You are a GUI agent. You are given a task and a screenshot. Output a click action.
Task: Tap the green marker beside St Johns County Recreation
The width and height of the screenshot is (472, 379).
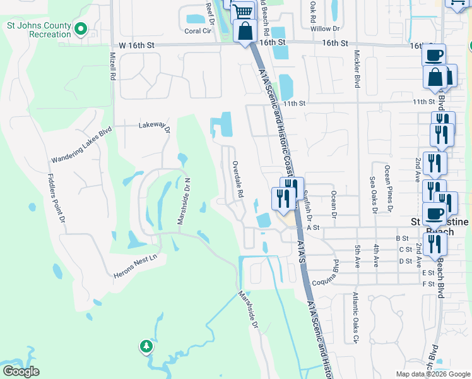[x=81, y=28]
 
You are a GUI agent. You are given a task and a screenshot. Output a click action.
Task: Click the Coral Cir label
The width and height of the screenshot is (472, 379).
[x=197, y=30]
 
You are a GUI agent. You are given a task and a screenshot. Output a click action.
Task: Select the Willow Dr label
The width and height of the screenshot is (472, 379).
[x=325, y=28]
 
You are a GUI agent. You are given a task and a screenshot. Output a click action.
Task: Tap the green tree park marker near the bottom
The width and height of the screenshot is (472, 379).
[x=146, y=346]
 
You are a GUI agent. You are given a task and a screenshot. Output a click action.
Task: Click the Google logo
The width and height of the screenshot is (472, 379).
[x=21, y=371]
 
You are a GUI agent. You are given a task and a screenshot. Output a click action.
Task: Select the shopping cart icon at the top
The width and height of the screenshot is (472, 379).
[x=242, y=11]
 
